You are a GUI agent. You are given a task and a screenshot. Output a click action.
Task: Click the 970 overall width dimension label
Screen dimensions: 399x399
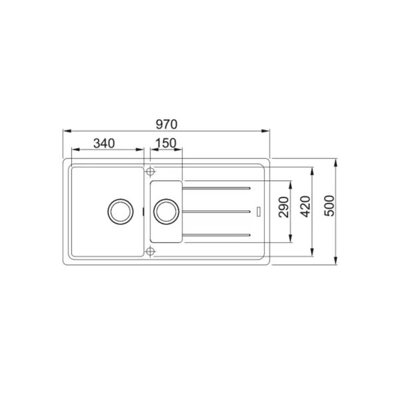(x=166, y=124)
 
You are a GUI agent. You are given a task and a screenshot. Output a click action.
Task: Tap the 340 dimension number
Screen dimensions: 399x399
(x=104, y=143)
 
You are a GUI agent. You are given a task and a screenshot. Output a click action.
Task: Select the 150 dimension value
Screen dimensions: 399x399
(x=166, y=143)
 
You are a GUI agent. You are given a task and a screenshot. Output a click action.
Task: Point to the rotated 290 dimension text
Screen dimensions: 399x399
(x=284, y=207)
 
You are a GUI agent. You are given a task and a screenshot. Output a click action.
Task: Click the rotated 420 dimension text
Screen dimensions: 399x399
(x=306, y=206)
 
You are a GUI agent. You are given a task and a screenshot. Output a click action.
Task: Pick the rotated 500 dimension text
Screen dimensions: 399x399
(x=329, y=205)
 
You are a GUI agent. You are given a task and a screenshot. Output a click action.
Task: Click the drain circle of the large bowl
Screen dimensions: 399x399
(x=120, y=211)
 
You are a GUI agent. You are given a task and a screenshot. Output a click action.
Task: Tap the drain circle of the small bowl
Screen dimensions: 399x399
(x=166, y=211)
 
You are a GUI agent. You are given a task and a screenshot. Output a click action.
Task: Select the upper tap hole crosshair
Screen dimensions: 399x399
(x=150, y=172)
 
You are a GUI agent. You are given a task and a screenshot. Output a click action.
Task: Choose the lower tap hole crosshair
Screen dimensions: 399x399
(x=150, y=251)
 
